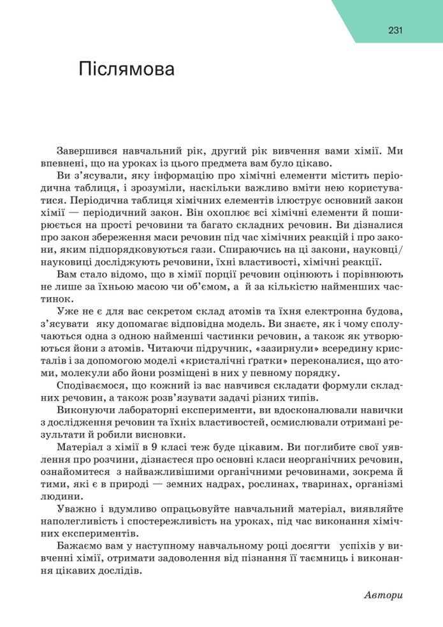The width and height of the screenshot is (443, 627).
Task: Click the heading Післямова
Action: click(x=126, y=69)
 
